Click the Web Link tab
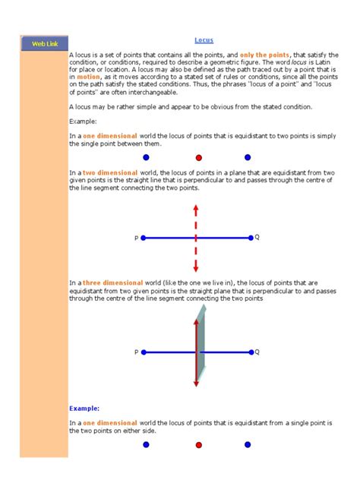[43, 44]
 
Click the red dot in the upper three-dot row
[199, 158]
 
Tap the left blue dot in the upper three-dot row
[146, 158]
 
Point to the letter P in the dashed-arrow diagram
[137, 238]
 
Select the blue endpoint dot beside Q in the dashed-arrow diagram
[249, 238]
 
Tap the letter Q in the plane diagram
[257, 352]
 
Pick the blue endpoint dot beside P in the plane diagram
[144, 352]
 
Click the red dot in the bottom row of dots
[199, 444]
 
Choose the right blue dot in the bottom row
[248, 444]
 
